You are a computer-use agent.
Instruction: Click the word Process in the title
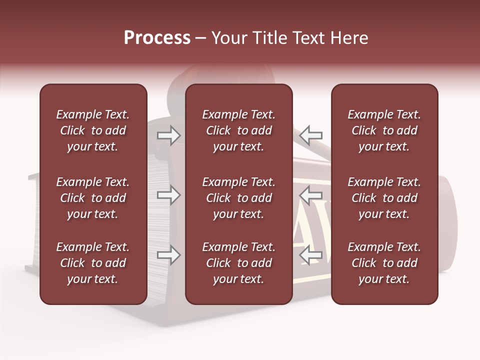pyautogui.click(x=157, y=38)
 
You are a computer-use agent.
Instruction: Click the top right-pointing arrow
pyautogui.click(x=168, y=135)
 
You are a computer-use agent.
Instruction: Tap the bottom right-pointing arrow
pyautogui.click(x=168, y=255)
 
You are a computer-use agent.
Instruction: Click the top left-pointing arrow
pyautogui.click(x=311, y=135)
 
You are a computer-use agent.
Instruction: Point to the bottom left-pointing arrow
pyautogui.click(x=311, y=255)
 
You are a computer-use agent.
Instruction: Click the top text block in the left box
pyautogui.click(x=93, y=130)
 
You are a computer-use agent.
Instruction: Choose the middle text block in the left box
pyautogui.click(x=93, y=198)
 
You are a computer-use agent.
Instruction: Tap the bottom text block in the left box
pyautogui.click(x=93, y=263)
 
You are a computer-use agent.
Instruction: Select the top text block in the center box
pyautogui.click(x=238, y=130)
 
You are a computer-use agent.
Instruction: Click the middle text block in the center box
pyautogui.click(x=238, y=198)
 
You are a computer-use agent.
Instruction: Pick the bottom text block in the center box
pyautogui.click(x=238, y=263)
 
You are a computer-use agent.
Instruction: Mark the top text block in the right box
pyautogui.click(x=384, y=130)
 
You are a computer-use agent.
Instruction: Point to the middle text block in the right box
pyautogui.click(x=384, y=198)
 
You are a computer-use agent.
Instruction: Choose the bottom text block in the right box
pyautogui.click(x=384, y=263)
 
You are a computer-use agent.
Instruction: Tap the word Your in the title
pyautogui.click(x=227, y=38)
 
